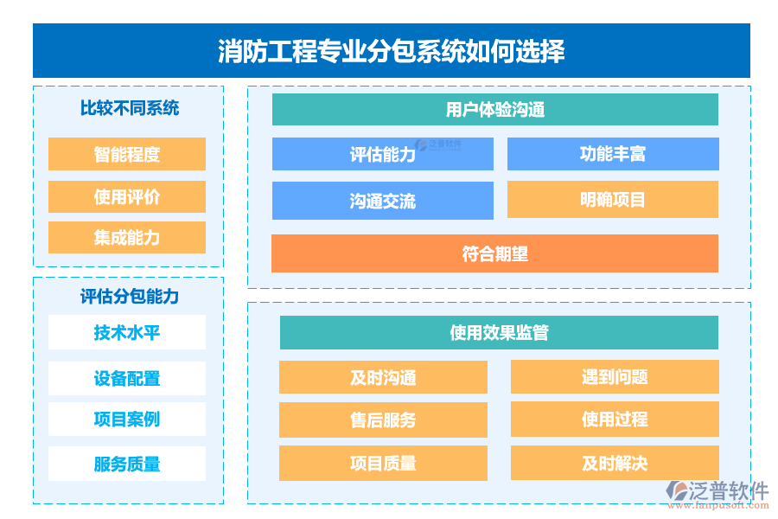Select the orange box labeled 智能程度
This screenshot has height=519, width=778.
click(127, 155)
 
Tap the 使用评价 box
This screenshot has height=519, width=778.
click(127, 197)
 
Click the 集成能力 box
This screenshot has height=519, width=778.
click(127, 238)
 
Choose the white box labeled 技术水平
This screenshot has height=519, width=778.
click(127, 332)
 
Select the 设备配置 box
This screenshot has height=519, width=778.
click(127, 379)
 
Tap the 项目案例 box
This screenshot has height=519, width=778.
click(127, 420)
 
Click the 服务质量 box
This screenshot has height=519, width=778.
click(127, 465)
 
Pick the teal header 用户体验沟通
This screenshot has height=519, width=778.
click(494, 110)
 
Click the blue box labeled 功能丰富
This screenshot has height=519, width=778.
click(612, 155)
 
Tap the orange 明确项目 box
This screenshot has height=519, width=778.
click(612, 200)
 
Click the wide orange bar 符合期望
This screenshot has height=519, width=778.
click(494, 254)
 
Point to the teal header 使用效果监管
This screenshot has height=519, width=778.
click(499, 333)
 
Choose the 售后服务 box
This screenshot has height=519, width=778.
click(382, 420)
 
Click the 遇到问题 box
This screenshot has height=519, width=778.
click(614, 377)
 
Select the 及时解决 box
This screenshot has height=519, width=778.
click(614, 464)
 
